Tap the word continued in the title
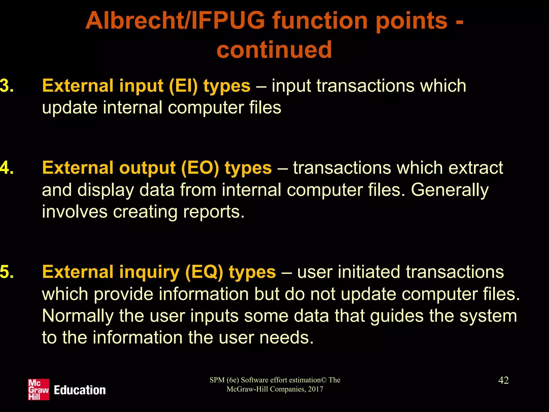coord(274,50)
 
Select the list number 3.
coord(7,86)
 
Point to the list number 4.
coord(7,168)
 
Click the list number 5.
coord(7,272)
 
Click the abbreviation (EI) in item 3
coord(183,86)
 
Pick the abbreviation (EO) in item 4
coord(200,168)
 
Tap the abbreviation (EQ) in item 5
coord(204,272)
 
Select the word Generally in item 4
coord(450,190)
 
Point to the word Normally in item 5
coord(78,316)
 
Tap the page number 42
coord(503,380)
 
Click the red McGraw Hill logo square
coord(39,389)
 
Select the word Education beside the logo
coord(80,390)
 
